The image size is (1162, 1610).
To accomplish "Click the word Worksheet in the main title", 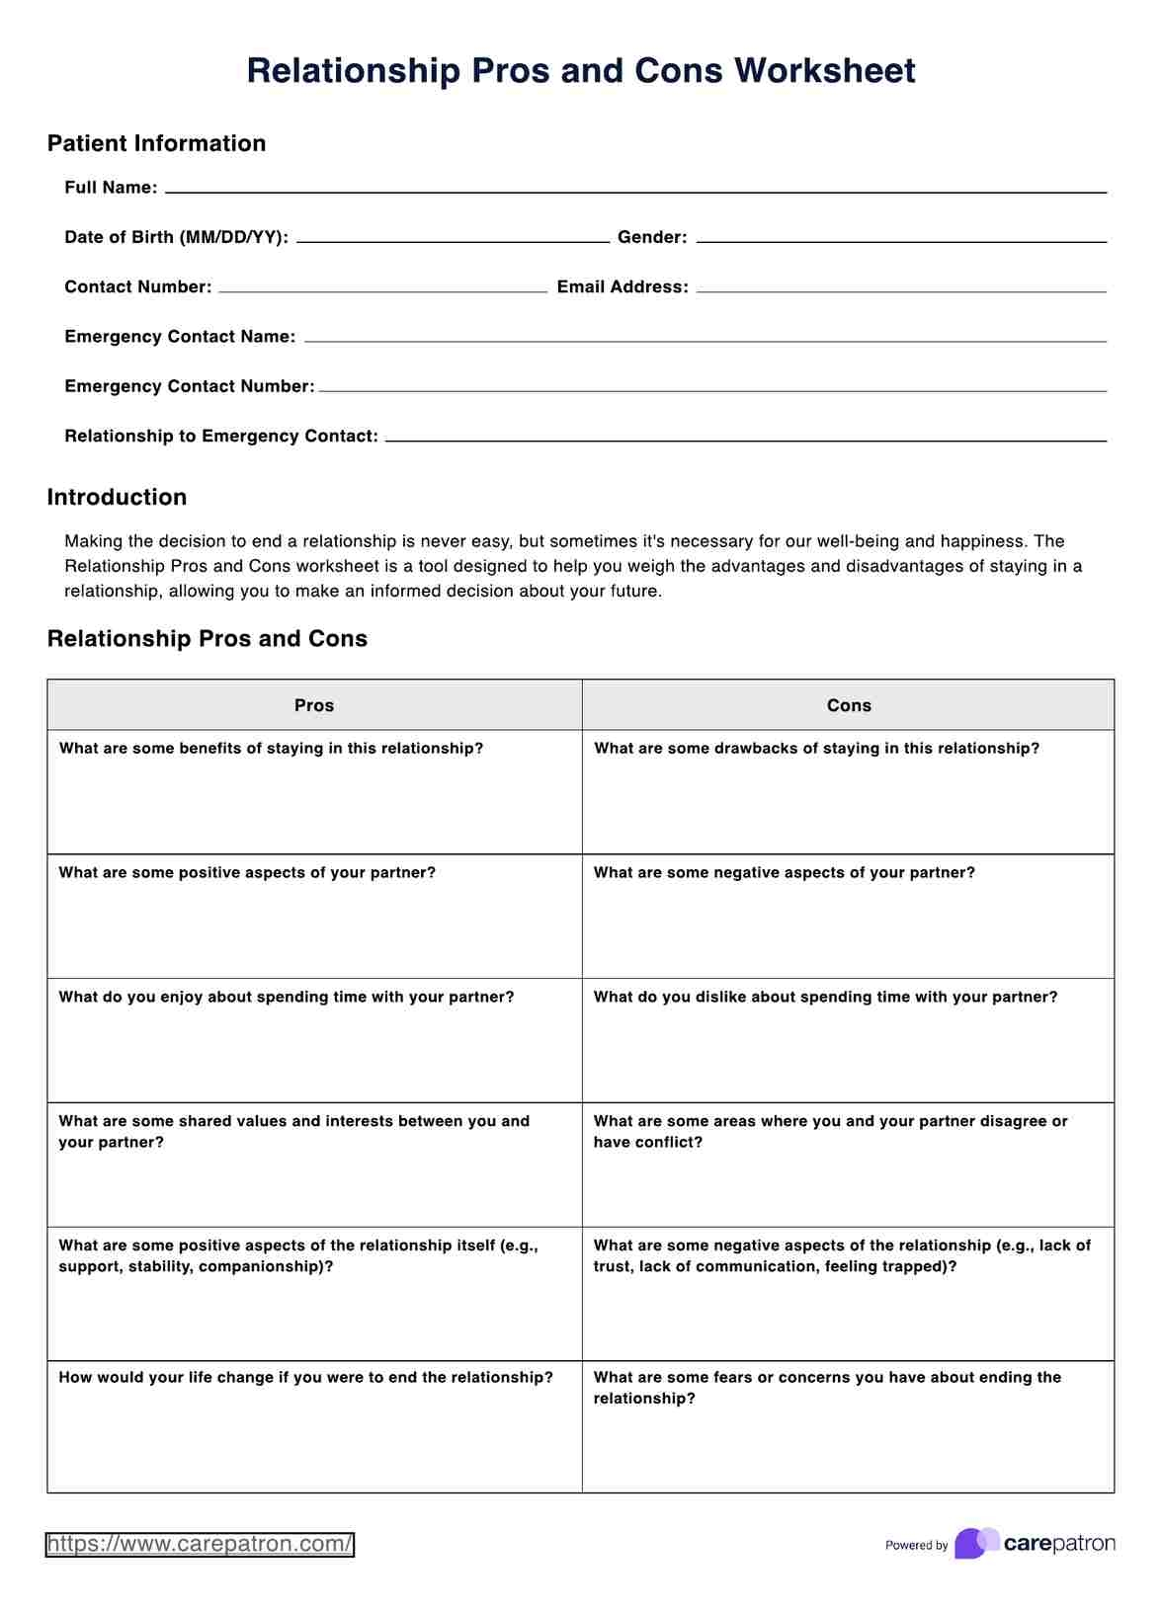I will [x=824, y=71].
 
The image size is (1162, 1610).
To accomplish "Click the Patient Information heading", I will [x=156, y=143].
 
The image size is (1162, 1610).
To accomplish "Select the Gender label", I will [x=651, y=237].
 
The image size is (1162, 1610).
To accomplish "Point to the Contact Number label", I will [x=137, y=287].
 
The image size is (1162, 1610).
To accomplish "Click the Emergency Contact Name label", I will [x=180, y=337].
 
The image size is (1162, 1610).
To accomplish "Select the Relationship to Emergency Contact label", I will [x=221, y=436].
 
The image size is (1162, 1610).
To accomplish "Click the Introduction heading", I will [x=117, y=497].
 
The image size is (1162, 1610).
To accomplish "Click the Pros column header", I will [x=314, y=705].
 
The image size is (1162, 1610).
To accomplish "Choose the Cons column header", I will [x=849, y=705].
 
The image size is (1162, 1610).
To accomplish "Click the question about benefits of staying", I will [x=271, y=749].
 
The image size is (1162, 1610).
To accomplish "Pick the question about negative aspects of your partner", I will [x=784, y=873].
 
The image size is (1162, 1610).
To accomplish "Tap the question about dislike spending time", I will [x=825, y=998].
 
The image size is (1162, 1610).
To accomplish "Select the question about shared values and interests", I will [x=293, y=1131].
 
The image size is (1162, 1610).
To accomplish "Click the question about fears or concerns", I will [x=826, y=1387].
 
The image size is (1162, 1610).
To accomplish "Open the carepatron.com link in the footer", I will [x=200, y=1544].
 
